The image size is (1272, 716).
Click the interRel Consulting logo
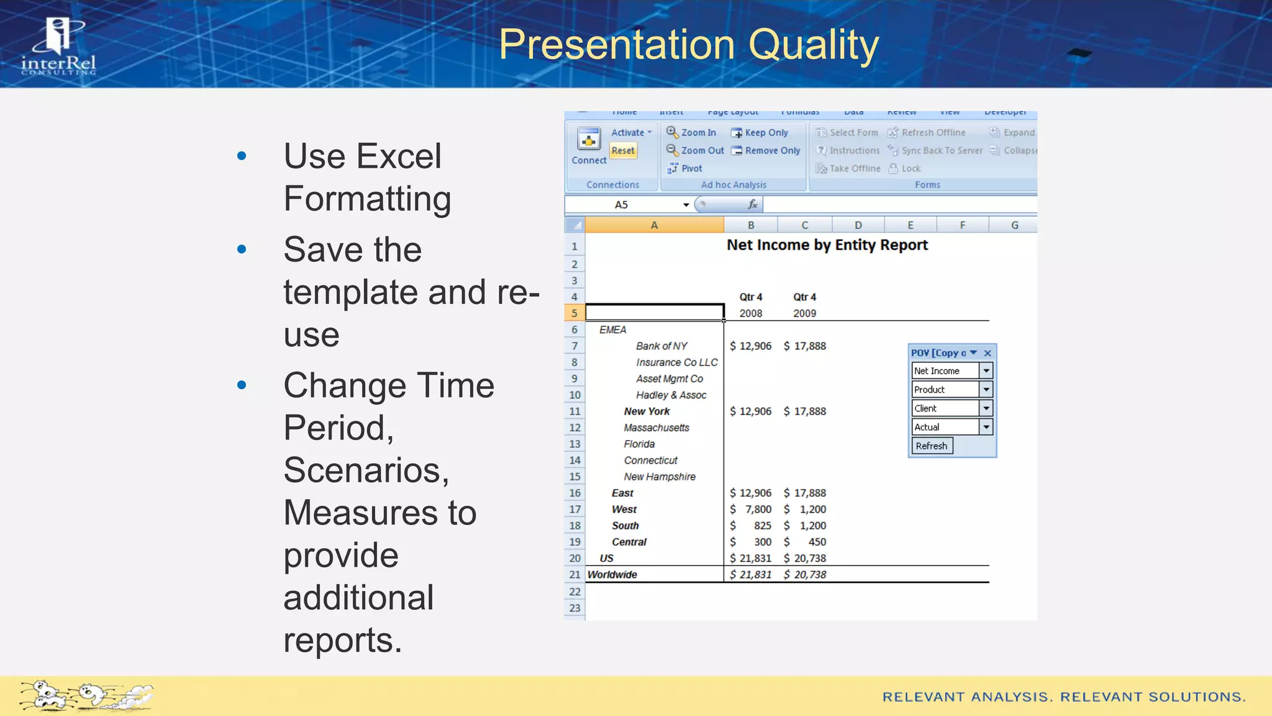(58, 47)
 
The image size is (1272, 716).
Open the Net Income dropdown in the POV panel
(986, 371)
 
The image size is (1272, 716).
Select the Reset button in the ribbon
(622, 150)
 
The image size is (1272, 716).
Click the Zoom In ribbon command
(691, 132)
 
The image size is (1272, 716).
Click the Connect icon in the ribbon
(588, 139)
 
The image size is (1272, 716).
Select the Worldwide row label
(612, 574)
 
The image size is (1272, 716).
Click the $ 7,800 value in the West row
(751, 509)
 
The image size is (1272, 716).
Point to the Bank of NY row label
(661, 346)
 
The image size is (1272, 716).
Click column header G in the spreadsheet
(1014, 225)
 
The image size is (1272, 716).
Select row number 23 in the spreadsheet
(575, 608)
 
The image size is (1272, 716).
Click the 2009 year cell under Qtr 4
(804, 313)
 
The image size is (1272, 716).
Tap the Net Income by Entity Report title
(827, 245)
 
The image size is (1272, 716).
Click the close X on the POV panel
(988, 353)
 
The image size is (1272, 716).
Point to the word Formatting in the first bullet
(367, 199)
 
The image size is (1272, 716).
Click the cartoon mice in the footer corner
(85, 695)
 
